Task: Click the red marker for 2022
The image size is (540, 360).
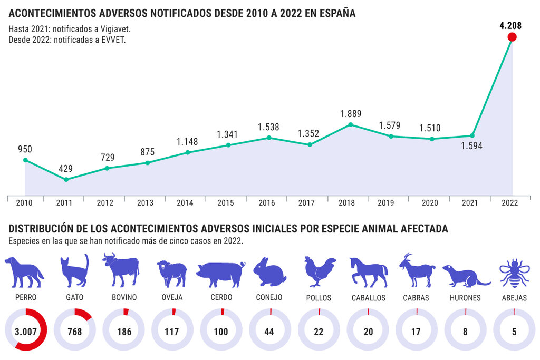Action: pos(512,37)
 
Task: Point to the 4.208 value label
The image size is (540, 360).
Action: pos(511,25)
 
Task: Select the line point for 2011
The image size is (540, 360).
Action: pos(66,180)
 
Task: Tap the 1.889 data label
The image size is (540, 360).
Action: pos(350,114)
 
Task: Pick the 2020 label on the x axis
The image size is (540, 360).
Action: pos(429,202)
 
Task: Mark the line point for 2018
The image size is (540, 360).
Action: pos(350,125)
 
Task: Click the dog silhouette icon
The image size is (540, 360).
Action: pos(24,272)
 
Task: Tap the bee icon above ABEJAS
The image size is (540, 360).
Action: pos(514,273)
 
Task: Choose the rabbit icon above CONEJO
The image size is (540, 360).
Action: pos(269,273)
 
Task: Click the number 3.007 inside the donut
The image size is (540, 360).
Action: pos(25,331)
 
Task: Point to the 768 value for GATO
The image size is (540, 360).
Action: pos(74,331)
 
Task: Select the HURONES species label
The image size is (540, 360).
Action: pos(465,298)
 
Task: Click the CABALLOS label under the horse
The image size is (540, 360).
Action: pos(369,298)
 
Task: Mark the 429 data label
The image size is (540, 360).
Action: pos(66,169)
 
